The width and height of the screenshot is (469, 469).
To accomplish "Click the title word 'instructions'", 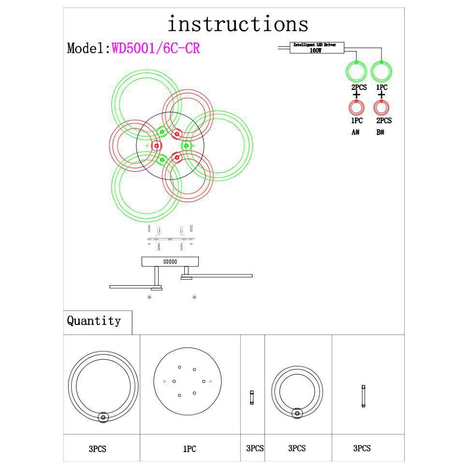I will click(x=237, y=24).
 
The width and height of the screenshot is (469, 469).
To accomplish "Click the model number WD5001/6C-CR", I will click(x=156, y=48).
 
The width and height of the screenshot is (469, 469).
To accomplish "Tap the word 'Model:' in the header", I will click(x=89, y=48).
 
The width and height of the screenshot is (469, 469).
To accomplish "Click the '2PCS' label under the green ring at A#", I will click(x=359, y=88).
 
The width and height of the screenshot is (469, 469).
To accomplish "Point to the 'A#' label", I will click(x=355, y=132).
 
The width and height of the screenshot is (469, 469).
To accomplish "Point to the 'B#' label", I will click(x=381, y=132).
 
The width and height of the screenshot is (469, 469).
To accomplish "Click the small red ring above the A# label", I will click(x=356, y=107).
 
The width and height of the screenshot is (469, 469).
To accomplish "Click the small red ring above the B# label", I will click(x=381, y=107).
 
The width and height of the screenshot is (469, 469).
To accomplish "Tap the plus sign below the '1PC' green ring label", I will click(x=381, y=95).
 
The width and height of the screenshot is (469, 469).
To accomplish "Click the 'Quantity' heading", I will click(x=94, y=321).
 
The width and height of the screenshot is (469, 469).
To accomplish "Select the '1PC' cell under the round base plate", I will click(x=190, y=449).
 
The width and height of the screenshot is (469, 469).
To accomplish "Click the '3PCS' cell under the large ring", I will click(x=97, y=449).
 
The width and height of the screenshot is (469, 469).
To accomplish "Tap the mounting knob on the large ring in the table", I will click(x=103, y=417).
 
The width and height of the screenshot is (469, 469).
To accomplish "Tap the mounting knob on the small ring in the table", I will click(x=297, y=413).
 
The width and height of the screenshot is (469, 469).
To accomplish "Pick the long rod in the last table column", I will click(x=363, y=396).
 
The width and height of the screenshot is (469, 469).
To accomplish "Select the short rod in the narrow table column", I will click(x=252, y=397).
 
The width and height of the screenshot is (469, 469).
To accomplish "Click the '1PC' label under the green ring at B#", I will click(x=381, y=88).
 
